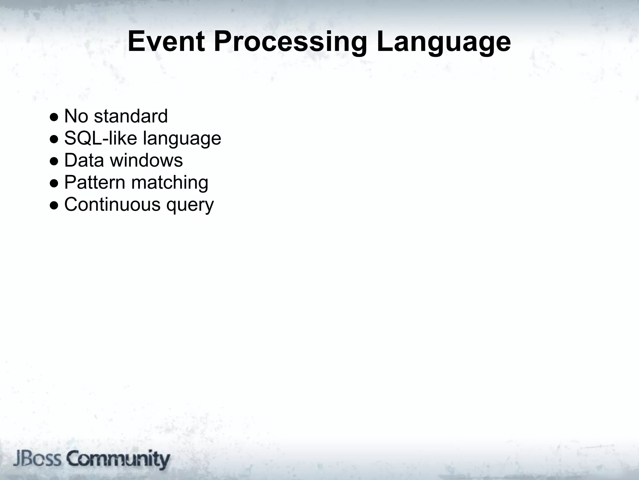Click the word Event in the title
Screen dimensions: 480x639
point(166,42)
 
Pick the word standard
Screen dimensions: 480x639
point(131,116)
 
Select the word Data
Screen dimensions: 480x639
point(84,160)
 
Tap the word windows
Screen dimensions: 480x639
point(147,160)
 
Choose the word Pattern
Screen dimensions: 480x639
point(95,182)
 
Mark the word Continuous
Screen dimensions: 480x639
point(112,204)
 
